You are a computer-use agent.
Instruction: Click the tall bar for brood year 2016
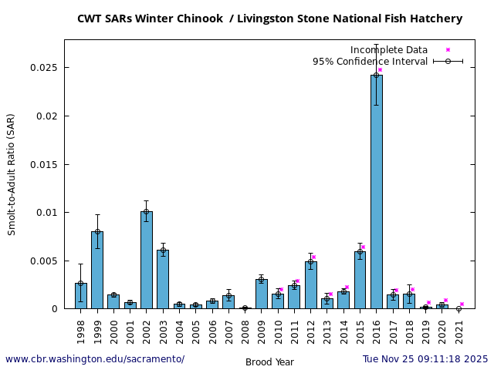[x=376, y=193]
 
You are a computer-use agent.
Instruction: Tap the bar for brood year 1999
[x=97, y=270]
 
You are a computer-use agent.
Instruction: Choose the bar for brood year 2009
[x=262, y=294]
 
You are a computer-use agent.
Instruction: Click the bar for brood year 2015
[x=360, y=280]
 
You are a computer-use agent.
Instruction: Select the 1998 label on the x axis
[x=81, y=330]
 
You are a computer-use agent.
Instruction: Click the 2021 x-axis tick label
[x=458, y=330]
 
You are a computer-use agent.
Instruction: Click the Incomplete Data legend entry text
[x=388, y=50]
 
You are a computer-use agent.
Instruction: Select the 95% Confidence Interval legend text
[x=370, y=62]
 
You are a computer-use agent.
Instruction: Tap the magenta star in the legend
[x=448, y=50]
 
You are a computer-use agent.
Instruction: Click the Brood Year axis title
[x=269, y=362]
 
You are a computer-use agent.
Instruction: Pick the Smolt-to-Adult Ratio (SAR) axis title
[x=11, y=174]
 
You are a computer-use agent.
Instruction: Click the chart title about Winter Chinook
[x=269, y=18]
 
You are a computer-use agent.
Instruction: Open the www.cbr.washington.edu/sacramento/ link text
[x=95, y=359]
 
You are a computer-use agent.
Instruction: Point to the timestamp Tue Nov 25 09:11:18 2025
[x=425, y=359]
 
